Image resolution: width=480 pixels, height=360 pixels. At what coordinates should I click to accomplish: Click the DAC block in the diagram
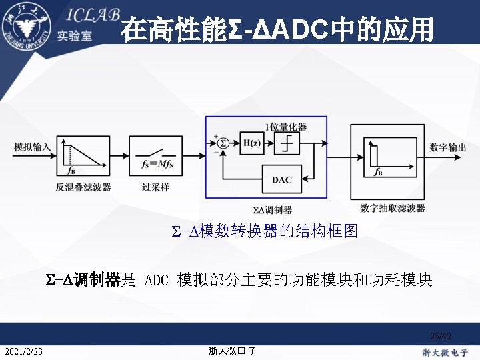[281, 179]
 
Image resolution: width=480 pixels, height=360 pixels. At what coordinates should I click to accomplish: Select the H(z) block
[252, 143]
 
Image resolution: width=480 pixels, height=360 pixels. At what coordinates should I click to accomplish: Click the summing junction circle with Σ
[223, 143]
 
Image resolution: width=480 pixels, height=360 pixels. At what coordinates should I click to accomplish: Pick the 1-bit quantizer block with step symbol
[287, 143]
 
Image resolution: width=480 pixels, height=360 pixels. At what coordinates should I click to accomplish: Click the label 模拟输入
[32, 147]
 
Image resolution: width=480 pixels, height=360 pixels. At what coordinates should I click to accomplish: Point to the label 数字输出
[448, 147]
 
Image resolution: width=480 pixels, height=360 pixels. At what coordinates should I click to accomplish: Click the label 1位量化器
[285, 127]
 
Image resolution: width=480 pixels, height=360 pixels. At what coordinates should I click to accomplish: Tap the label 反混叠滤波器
[83, 187]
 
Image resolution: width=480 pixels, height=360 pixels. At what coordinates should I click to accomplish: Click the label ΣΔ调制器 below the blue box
[267, 209]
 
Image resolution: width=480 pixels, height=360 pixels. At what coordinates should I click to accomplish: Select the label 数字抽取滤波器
[392, 209]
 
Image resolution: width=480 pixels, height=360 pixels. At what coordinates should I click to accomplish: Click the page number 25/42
[441, 336]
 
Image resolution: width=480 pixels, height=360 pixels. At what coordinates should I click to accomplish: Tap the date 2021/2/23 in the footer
[23, 351]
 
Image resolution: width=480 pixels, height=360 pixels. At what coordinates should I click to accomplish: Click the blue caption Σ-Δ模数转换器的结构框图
[265, 231]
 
